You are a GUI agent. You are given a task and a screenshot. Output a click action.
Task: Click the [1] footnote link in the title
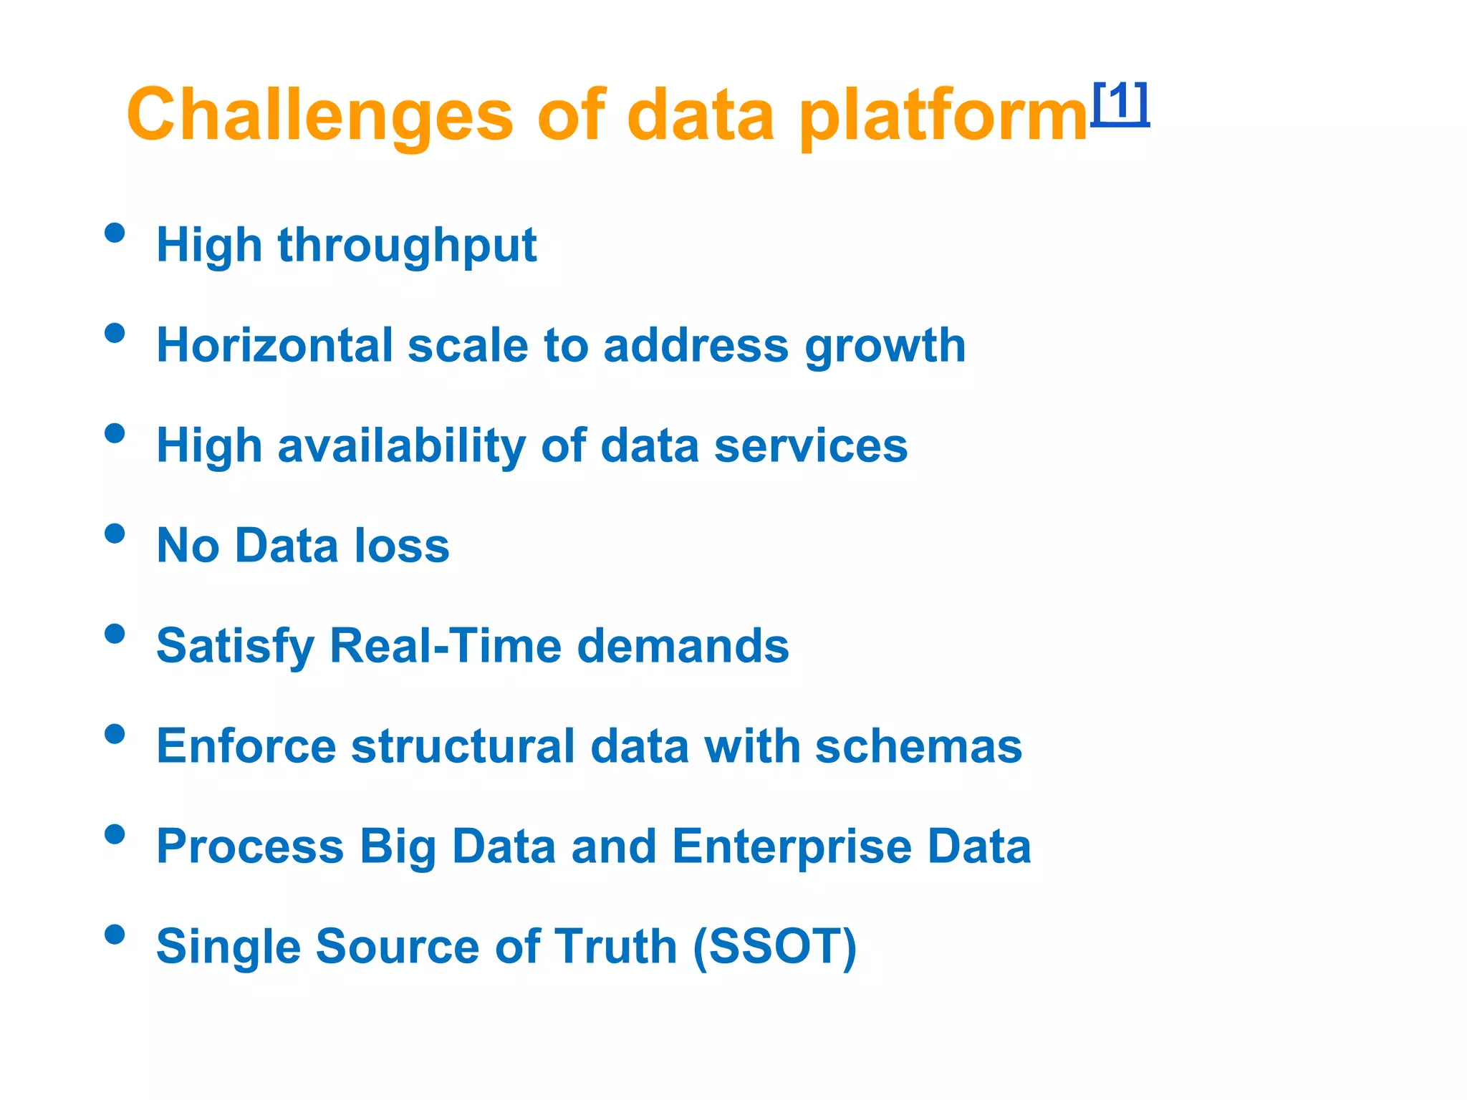[x=1120, y=104]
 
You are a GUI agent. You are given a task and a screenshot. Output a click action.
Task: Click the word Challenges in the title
[x=319, y=115]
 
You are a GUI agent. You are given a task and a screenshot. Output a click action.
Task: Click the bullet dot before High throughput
[x=115, y=233]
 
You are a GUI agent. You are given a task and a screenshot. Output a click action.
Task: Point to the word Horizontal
[x=274, y=345]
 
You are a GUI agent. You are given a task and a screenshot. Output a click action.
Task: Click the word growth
[x=885, y=348]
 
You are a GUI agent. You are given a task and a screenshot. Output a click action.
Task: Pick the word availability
[x=401, y=447]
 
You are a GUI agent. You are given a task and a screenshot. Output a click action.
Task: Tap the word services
[x=810, y=446]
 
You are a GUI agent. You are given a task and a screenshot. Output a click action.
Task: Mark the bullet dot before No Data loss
[x=115, y=534]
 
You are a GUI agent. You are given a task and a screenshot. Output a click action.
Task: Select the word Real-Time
[x=445, y=646]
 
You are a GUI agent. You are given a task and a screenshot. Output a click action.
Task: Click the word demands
[x=683, y=646]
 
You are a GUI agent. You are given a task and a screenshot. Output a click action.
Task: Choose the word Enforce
[x=246, y=746]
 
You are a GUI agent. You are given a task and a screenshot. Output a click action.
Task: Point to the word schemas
[x=918, y=746]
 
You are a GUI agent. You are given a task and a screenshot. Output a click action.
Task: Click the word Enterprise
[x=792, y=848]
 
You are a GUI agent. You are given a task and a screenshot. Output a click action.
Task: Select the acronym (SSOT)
[x=774, y=947]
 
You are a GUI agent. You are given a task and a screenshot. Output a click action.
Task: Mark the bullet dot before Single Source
[x=115, y=935]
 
